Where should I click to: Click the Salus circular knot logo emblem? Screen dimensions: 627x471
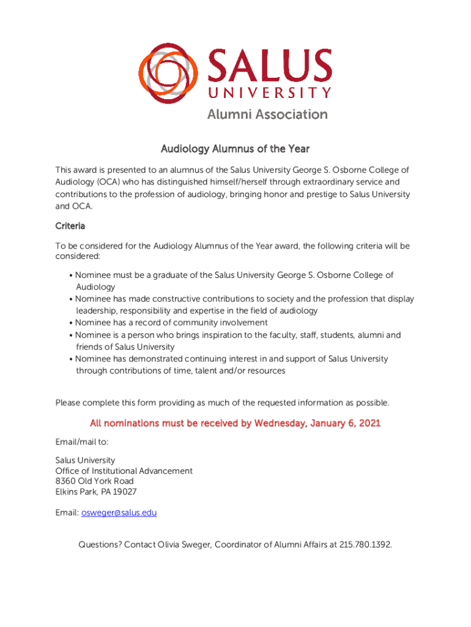point(169,73)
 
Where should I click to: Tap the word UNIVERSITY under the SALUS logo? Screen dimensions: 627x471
point(270,94)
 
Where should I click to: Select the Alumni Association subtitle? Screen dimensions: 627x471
point(267,115)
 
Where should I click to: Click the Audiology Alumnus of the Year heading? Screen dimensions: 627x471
point(235,149)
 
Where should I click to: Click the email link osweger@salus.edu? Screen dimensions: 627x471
point(119,512)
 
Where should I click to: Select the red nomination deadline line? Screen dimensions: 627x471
point(235,423)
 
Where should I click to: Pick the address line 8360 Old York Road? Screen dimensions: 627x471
point(94,481)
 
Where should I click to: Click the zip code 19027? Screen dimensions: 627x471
point(124,492)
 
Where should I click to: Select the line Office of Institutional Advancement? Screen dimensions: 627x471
point(124,471)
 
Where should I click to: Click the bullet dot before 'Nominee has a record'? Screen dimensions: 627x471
point(72,323)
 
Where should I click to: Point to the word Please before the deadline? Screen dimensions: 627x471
point(70,403)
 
